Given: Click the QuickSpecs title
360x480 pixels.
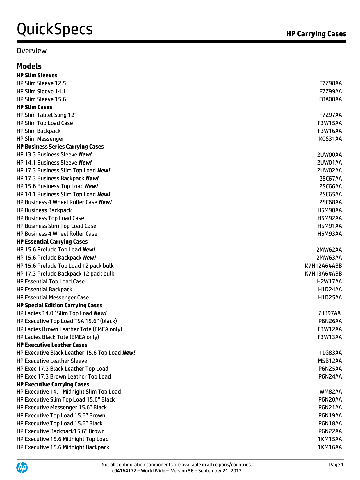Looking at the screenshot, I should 55,29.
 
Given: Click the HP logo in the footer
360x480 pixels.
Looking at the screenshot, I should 22,467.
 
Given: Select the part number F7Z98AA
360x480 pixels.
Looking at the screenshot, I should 330,83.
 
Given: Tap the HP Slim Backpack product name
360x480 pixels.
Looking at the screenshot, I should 39,131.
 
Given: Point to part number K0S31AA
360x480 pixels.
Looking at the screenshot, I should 330,139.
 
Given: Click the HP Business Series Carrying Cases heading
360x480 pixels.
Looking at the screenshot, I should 60,147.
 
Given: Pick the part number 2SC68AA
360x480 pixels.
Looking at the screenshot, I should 330,202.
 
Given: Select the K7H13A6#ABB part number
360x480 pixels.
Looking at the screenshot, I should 323,274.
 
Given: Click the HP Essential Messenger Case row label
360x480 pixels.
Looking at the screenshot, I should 53,298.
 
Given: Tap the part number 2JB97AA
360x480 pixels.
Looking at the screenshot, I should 329,313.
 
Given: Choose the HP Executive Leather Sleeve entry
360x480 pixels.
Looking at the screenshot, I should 52,361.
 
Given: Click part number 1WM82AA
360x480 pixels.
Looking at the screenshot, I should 329,392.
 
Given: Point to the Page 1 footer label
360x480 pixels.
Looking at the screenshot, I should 336,465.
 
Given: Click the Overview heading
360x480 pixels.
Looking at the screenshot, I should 31,51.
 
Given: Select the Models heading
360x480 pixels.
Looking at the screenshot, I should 29,66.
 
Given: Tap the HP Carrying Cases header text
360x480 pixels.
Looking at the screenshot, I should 316,34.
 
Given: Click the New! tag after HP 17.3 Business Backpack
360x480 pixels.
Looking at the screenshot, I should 92,179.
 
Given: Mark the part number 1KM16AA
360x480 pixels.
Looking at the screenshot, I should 330,447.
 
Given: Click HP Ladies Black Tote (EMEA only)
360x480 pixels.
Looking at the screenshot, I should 58,337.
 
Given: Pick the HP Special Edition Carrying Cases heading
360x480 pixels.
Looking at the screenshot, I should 59,306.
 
